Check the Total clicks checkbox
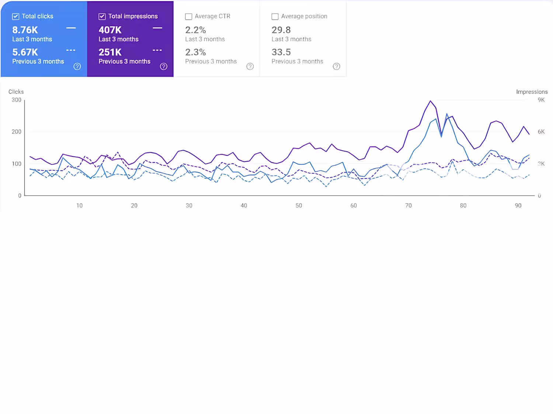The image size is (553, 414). pos(16,17)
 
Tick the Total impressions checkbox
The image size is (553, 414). pos(102,17)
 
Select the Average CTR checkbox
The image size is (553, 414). pos(188,17)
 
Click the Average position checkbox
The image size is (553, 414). pos(275,17)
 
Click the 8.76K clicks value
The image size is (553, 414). pos(25,30)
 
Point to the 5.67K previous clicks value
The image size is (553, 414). pos(25,52)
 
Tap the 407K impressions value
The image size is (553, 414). pos(110,30)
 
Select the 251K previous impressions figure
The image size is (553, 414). pos(110,52)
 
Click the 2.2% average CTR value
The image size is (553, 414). pos(195,30)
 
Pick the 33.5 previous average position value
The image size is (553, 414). pos(281,52)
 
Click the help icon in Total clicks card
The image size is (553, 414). pos(77,67)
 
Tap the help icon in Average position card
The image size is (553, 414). pos(336,67)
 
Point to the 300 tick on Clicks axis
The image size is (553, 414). pos(16,100)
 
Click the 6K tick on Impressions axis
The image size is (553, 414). pos(541,132)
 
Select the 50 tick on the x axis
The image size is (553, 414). pos(299,206)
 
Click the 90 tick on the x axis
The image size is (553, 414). pos(518,206)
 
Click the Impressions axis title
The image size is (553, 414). pos(532,92)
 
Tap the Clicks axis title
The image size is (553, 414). pos(16,92)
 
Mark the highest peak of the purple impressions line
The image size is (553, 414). pos(430,101)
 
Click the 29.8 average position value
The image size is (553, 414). pos(281,30)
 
